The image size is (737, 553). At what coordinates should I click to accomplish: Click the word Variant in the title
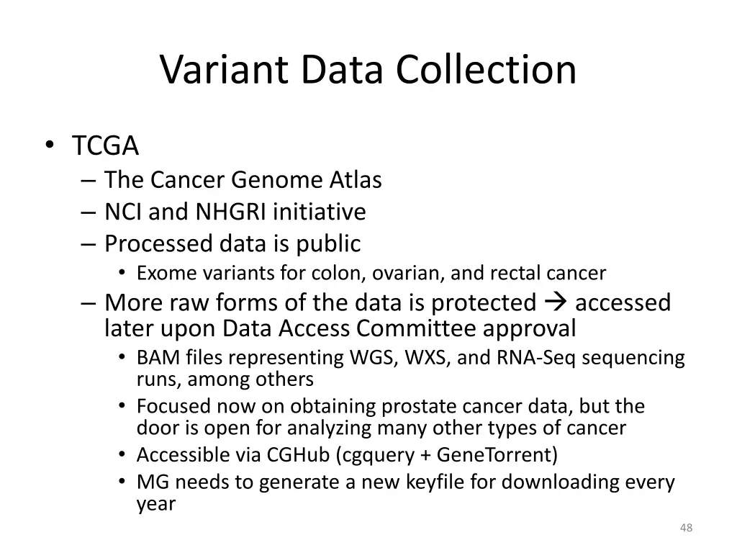click(x=224, y=70)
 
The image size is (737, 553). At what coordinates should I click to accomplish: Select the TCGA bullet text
click(x=105, y=146)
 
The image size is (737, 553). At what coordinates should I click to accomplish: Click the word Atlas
click(x=356, y=179)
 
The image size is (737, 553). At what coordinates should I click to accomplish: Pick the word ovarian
click(x=412, y=274)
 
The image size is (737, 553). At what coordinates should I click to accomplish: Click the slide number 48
click(x=686, y=529)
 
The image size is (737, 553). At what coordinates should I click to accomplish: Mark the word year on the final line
click(x=156, y=504)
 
